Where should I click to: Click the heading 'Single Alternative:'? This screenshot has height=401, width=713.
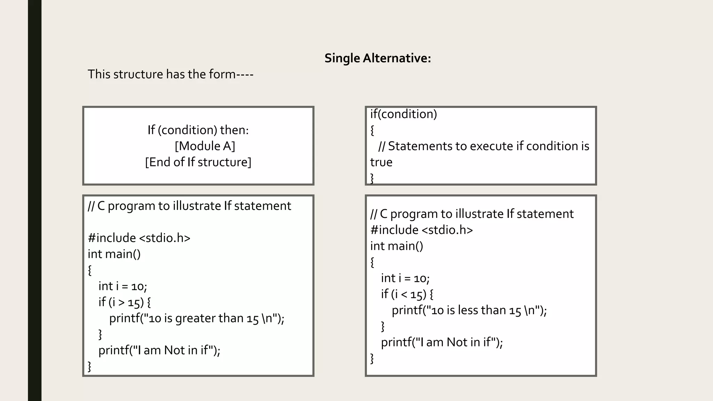(378, 58)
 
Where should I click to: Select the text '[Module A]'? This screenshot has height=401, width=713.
(205, 146)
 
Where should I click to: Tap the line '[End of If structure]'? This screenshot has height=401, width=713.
(198, 162)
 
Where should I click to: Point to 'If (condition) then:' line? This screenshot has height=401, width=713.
(198, 130)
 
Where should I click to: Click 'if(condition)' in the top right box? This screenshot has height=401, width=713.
(403, 114)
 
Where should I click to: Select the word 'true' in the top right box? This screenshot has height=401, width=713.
(381, 162)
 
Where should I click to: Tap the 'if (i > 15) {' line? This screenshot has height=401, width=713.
(124, 302)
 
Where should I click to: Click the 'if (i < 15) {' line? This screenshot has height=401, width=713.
(407, 294)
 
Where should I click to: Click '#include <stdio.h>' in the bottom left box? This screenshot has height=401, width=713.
(139, 238)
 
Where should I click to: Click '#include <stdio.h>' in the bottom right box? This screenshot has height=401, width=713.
(421, 230)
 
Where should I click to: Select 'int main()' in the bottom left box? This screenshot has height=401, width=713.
(114, 254)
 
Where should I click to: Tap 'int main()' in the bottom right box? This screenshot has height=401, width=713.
(397, 246)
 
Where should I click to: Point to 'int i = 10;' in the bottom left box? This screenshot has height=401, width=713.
(123, 286)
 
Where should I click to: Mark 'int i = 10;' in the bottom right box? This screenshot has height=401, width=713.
(405, 278)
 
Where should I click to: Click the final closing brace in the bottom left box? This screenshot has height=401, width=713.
(89, 366)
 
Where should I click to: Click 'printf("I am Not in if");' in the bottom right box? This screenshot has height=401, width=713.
(441, 342)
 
